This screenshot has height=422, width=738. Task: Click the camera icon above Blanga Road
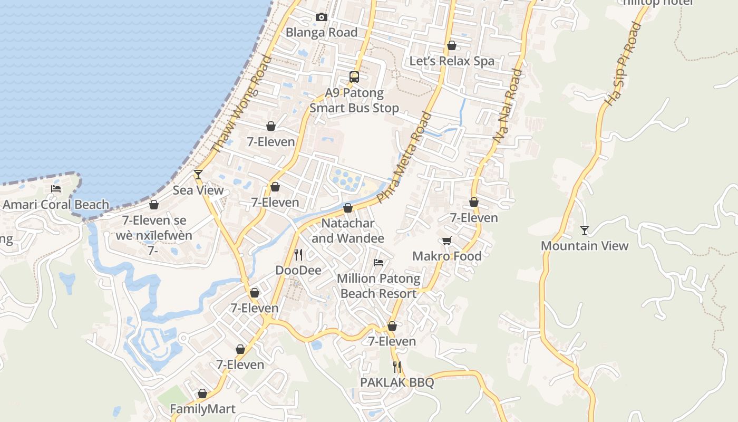(x=321, y=17)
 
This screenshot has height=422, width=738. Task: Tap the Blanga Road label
(x=322, y=33)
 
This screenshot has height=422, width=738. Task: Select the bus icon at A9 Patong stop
(x=354, y=77)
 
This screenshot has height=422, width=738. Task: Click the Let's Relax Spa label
(x=452, y=61)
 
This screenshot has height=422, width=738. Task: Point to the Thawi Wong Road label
(x=241, y=104)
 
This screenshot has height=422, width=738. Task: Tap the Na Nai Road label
(x=508, y=106)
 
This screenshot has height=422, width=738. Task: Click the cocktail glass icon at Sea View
(x=198, y=175)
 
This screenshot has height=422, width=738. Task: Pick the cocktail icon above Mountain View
(x=584, y=231)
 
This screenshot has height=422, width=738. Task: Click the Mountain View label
(x=585, y=246)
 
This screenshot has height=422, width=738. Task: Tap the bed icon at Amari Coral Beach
(x=56, y=189)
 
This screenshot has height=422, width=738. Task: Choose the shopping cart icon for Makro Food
(x=446, y=241)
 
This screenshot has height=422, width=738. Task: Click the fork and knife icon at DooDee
(x=298, y=255)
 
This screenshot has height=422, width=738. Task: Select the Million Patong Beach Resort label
(x=378, y=286)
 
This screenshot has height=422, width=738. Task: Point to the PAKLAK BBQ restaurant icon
(x=397, y=367)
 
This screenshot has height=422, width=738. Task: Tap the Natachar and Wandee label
(x=348, y=231)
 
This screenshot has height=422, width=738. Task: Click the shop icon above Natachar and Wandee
(x=348, y=208)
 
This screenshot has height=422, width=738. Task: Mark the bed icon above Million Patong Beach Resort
(x=378, y=263)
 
